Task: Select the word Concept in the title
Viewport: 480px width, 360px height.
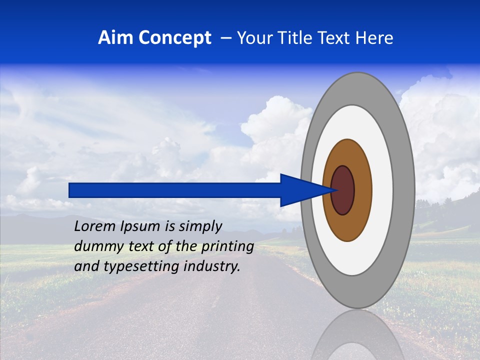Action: pos(175,38)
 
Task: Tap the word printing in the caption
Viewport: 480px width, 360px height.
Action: pos(227,247)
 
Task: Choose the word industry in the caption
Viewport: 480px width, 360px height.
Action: pos(212,266)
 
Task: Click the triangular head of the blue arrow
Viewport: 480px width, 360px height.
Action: pos(300,190)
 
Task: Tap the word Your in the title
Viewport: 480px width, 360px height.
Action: pos(253,38)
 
